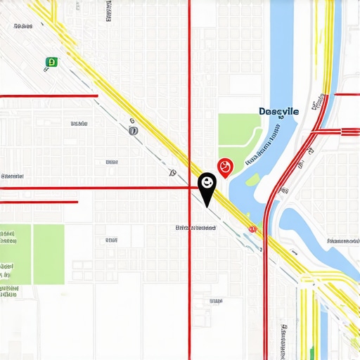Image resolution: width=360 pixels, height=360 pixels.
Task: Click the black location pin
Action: point(207,185)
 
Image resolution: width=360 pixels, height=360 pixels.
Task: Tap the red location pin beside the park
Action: point(225,167)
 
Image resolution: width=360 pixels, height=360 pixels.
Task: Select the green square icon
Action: point(51,63)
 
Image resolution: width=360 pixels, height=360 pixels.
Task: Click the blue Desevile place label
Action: point(278,111)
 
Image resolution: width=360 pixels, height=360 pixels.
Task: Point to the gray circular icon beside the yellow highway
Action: point(134,130)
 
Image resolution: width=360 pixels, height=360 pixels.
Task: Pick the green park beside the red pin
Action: point(238,134)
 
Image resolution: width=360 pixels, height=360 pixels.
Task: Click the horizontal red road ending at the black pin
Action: point(98,188)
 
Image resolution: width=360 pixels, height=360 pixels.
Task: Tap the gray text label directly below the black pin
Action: point(196,228)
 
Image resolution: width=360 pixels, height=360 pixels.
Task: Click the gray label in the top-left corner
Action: point(23,26)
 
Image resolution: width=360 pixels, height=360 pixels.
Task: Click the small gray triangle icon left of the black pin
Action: point(172,172)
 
